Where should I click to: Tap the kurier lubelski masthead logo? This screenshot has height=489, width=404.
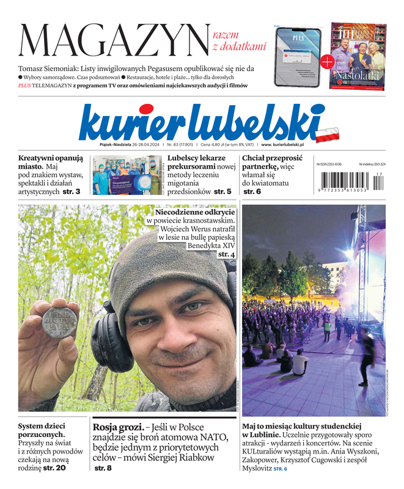pyautogui.click(x=202, y=122)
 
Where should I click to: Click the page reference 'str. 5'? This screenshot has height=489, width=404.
pyautogui.click(x=222, y=191)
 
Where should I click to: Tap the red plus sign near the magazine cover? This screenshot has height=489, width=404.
pyautogui.click(x=327, y=61)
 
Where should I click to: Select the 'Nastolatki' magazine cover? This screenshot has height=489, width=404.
pyautogui.click(x=358, y=56)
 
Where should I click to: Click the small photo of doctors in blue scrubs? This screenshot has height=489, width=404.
pyautogui.click(x=126, y=175)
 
